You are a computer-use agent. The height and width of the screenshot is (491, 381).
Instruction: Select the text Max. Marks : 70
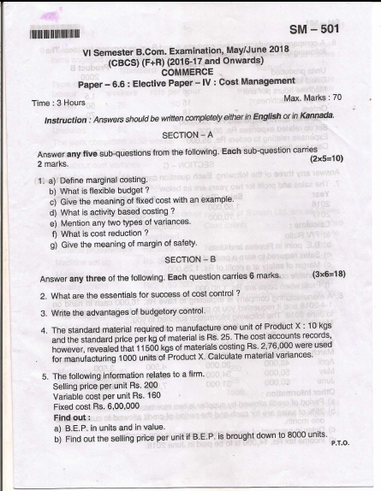(312, 98)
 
